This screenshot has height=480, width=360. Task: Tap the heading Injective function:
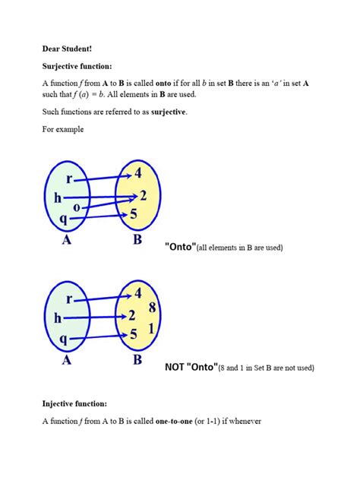[74, 403]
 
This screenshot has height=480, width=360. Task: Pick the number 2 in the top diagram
[144, 195]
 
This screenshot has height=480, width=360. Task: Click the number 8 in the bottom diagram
[153, 308]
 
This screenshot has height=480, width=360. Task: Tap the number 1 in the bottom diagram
[153, 329]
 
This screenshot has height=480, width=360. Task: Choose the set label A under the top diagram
[66, 242]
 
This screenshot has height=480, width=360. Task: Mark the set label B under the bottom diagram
[137, 360]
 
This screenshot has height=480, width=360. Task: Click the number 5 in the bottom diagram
[134, 333]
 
